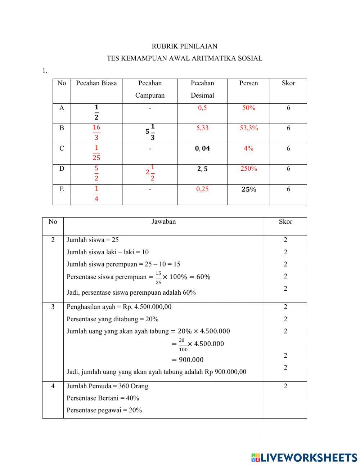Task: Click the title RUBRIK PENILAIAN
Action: [184, 46]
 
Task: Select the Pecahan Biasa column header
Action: [96, 83]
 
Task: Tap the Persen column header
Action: [248, 83]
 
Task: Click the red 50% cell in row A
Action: [248, 108]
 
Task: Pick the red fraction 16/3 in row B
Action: [96, 132]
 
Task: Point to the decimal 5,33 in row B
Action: [202, 128]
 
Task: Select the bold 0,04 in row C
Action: [202, 148]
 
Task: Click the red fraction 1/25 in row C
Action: [96, 153]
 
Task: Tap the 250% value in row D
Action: [248, 169]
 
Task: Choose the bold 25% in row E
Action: [248, 189]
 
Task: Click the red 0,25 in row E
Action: [202, 189]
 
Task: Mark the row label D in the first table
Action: [62, 169]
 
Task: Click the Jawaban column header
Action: [163, 222]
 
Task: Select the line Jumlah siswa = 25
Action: [93, 240]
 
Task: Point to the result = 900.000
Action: [187, 359]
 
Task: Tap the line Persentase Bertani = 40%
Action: [103, 398]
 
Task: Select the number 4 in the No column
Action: [53, 386]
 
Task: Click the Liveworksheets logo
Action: [304, 457]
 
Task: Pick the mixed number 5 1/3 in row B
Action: [150, 132]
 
